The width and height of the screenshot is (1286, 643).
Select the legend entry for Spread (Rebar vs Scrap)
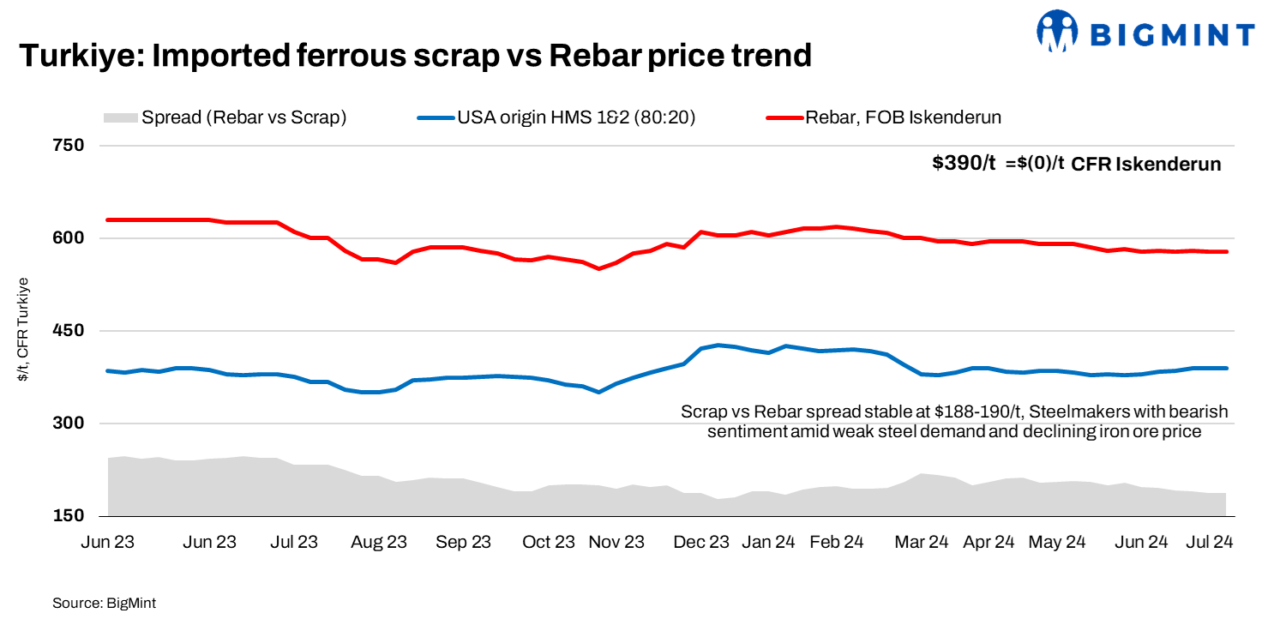click(225, 117)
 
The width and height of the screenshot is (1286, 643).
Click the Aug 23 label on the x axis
click(378, 542)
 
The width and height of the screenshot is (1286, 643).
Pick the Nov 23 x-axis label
click(616, 542)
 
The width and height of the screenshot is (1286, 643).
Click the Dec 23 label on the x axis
click(701, 542)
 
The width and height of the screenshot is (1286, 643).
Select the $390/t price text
click(964, 164)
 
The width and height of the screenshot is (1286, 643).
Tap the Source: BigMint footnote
click(104, 604)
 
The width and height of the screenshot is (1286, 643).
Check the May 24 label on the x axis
click(1056, 542)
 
